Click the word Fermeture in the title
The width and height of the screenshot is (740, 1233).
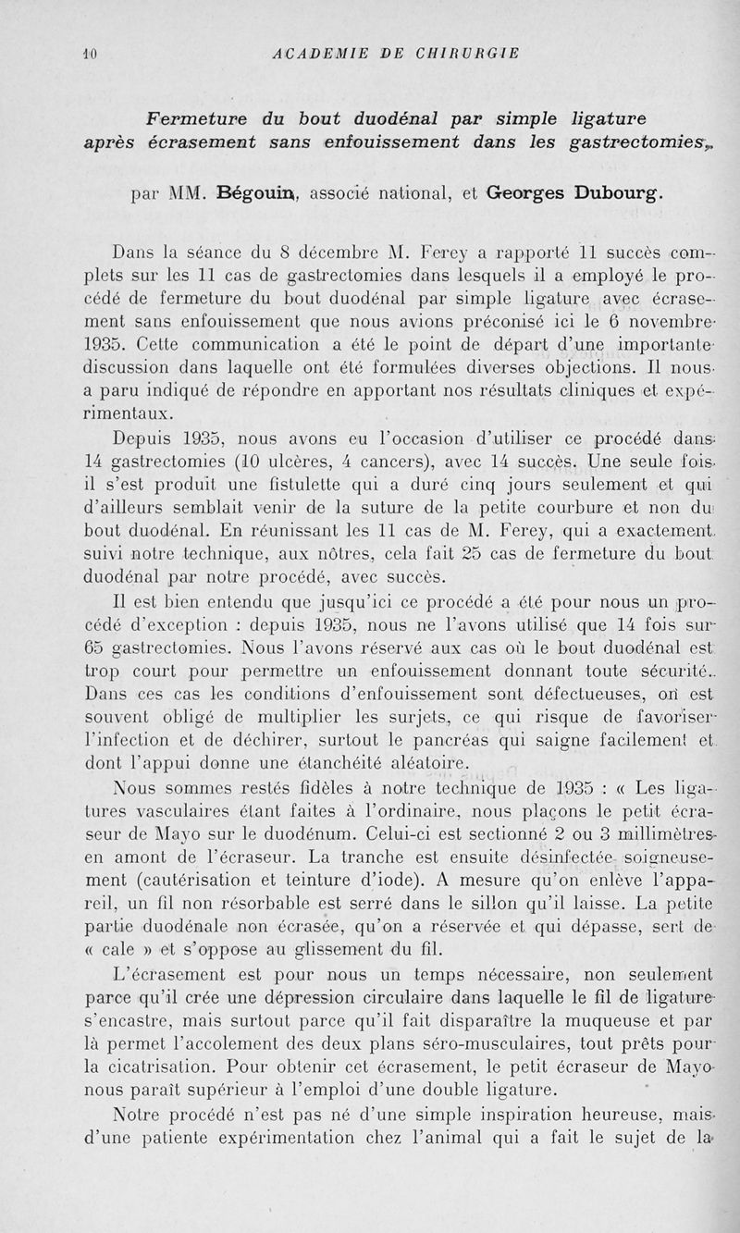pyautogui.click(x=188, y=117)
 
